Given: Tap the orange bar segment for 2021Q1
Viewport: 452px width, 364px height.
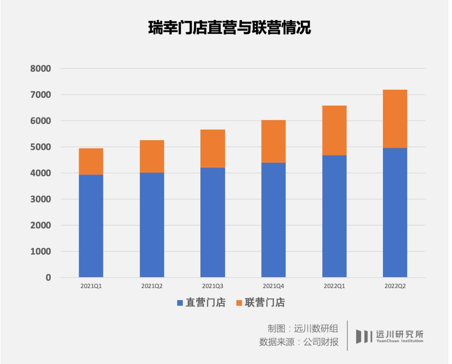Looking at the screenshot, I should pyautogui.click(x=91, y=161).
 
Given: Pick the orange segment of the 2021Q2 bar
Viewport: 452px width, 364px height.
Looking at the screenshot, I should pyautogui.click(x=152, y=156).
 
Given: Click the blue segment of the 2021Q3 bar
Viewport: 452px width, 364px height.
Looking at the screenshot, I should pyautogui.click(x=213, y=222).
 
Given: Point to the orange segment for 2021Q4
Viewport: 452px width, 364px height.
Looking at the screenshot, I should pyautogui.click(x=273, y=141).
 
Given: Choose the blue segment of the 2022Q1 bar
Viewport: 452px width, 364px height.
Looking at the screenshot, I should pyautogui.click(x=334, y=216).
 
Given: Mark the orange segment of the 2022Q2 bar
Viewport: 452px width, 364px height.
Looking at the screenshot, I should pyautogui.click(x=395, y=119).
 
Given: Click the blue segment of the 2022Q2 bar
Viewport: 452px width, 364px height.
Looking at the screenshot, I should pyautogui.click(x=395, y=212).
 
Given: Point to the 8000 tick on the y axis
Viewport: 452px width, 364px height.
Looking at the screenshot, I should pyautogui.click(x=41, y=69).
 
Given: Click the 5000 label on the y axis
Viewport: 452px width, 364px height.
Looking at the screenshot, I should pyautogui.click(x=41, y=147).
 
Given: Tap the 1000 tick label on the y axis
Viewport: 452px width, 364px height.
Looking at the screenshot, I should pyautogui.click(x=41, y=252).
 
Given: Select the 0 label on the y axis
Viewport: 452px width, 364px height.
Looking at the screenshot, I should pyautogui.click(x=48, y=278).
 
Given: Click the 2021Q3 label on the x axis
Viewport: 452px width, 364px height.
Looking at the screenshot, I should pyautogui.click(x=213, y=286).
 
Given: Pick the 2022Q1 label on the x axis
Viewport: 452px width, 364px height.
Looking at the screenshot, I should pyautogui.click(x=334, y=286).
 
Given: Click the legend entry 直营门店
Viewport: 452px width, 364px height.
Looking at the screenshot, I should pyautogui.click(x=201, y=303).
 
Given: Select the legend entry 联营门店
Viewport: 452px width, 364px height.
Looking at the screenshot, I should pyautogui.click(x=260, y=303).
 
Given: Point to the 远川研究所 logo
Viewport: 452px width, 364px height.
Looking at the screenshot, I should pyautogui.click(x=389, y=336).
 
